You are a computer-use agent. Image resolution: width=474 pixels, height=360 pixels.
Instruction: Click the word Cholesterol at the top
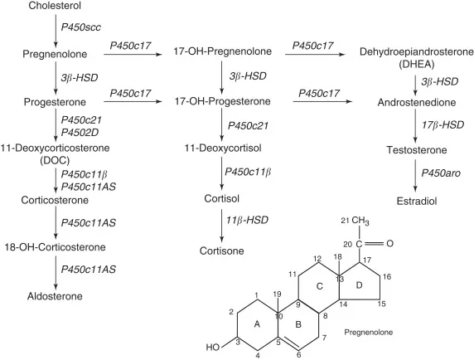pyautogui.click(x=55, y=7)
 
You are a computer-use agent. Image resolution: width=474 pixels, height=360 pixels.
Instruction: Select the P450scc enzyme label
pyautogui.click(x=79, y=29)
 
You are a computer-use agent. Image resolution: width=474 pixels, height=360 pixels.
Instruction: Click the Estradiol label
pyautogui.click(x=417, y=200)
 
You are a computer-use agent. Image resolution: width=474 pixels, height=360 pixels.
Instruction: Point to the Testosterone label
pyautogui.click(x=417, y=150)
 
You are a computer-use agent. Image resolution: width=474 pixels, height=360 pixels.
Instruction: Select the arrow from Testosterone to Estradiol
pyautogui.click(x=417, y=175)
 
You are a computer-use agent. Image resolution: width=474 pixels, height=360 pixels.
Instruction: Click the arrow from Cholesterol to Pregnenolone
pyautogui.click(x=55, y=29)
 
